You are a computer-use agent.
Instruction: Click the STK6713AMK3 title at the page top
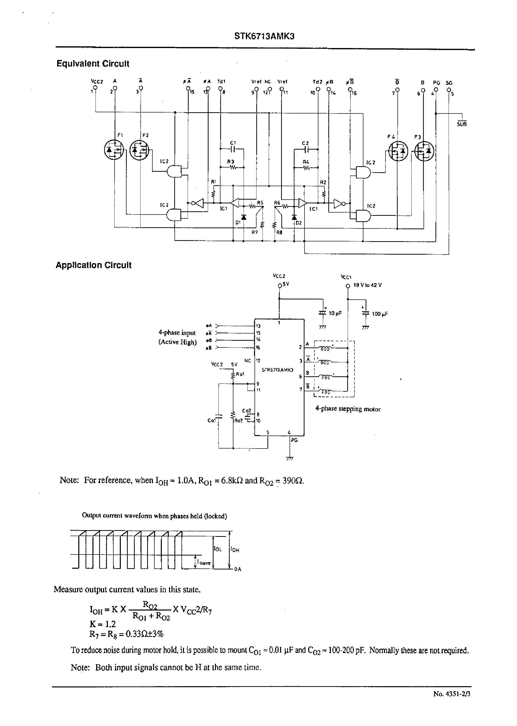tap(264, 36)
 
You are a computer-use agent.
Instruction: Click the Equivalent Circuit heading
tap(93, 64)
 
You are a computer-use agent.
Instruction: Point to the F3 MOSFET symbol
tap(424, 151)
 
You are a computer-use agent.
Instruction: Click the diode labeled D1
tap(244, 217)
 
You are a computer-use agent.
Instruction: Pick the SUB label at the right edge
tap(462, 124)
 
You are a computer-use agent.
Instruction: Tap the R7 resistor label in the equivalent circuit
tap(254, 232)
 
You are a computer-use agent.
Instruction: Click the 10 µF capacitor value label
tap(335, 313)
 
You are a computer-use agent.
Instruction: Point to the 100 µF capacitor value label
tap(380, 314)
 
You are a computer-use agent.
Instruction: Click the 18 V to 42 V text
tap(367, 285)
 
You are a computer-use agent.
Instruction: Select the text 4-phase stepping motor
tap(348, 409)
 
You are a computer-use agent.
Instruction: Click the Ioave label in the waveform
tap(204, 563)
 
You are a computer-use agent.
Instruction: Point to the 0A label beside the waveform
tap(237, 569)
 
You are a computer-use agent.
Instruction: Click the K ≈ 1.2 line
tap(102, 624)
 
